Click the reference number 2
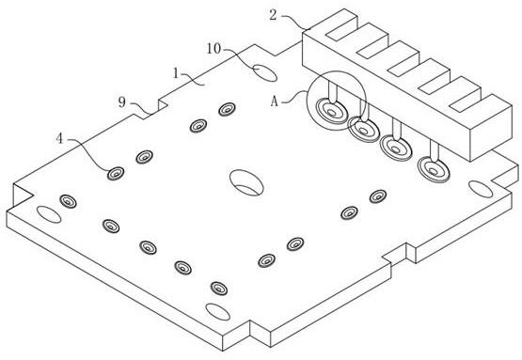pos(273,15)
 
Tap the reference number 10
pos(214,49)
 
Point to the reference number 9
pos(122,102)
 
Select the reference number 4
pos(59,138)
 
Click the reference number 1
pos(176,73)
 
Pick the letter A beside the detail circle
pos(274,102)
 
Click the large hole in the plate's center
pos(246,182)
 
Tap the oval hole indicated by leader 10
pos(264,73)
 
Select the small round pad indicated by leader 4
pos(116,173)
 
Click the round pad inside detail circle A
pos(331,112)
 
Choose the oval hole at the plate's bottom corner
pos(217,312)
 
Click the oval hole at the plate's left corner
pos(49,214)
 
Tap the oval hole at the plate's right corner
pos(481,189)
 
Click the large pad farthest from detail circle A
pos(434,170)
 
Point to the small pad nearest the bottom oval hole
pos(219,289)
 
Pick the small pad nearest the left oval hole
pos(68,201)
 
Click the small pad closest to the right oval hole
pos(378,196)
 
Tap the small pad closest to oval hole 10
pos(227,109)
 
